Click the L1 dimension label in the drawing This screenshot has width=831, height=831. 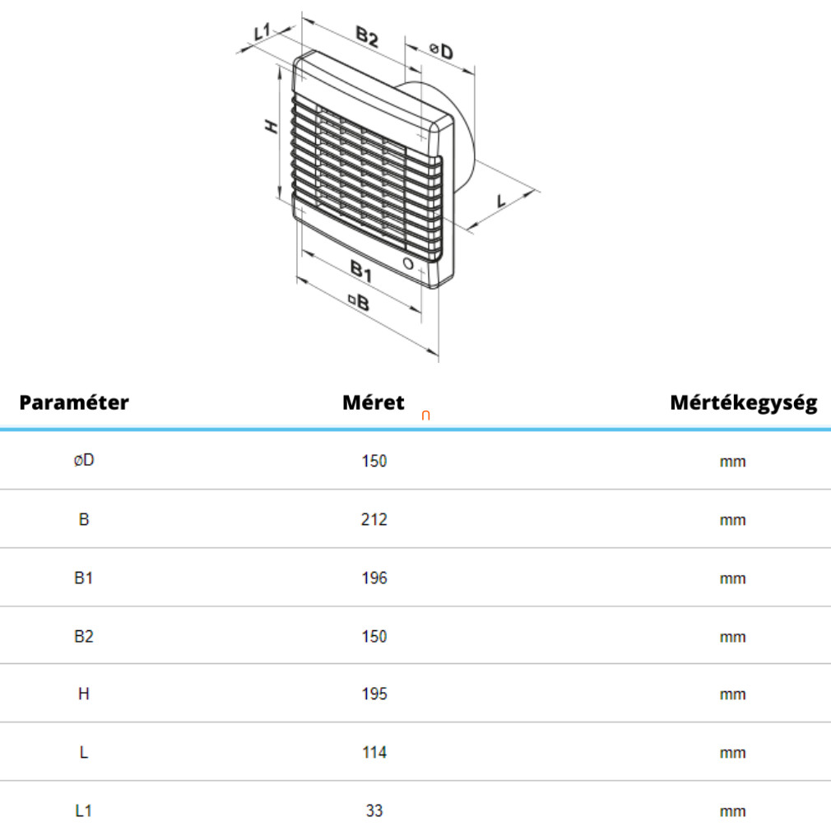click(262, 32)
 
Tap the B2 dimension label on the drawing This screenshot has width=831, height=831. click(367, 37)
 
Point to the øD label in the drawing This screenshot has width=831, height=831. click(441, 51)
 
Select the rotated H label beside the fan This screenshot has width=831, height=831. click(272, 127)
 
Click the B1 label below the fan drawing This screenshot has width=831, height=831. click(361, 271)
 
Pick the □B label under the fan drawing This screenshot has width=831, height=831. click(359, 302)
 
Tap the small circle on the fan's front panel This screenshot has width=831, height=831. click(408, 263)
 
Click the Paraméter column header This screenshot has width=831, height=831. click(74, 402)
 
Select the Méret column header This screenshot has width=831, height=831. click(373, 402)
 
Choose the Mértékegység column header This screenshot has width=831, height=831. click(744, 403)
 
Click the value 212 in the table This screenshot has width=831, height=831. click(374, 519)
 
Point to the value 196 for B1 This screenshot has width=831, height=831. click(374, 578)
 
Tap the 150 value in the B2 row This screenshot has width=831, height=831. click(374, 636)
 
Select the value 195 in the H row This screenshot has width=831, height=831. click(374, 694)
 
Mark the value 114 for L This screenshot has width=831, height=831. click(374, 752)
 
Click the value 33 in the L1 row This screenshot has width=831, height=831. click(374, 810)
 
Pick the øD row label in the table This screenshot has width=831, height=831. click(84, 459)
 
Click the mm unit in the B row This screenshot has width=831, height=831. click(732, 520)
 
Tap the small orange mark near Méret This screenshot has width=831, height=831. click(425, 415)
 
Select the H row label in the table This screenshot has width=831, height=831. click(84, 694)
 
